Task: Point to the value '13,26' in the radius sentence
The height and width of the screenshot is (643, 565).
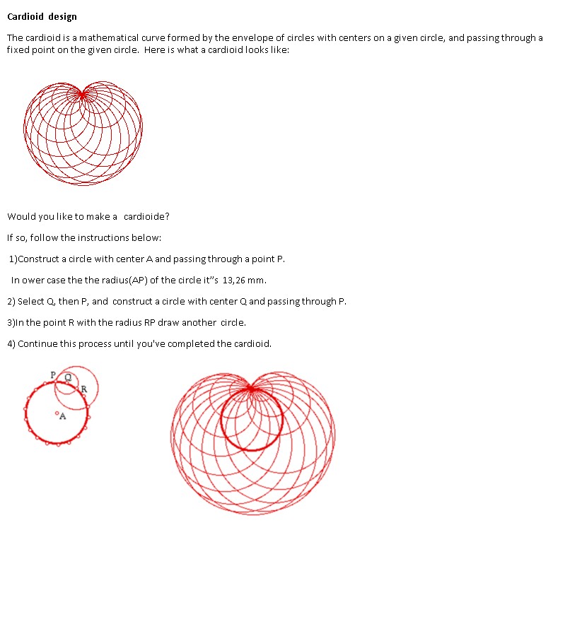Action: coord(233,280)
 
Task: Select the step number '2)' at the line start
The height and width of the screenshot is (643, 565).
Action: coord(11,301)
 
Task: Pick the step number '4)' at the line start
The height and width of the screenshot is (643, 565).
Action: coord(11,343)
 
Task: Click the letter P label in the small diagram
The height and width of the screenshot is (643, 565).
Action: coord(52,374)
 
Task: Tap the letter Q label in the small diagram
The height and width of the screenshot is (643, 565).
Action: coord(68,377)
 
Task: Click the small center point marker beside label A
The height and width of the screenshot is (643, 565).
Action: coord(57,413)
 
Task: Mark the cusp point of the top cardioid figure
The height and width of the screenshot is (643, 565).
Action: coord(83,93)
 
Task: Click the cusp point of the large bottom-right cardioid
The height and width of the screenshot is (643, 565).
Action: coord(251,388)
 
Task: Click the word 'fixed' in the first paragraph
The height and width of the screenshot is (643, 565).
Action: coord(18,50)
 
